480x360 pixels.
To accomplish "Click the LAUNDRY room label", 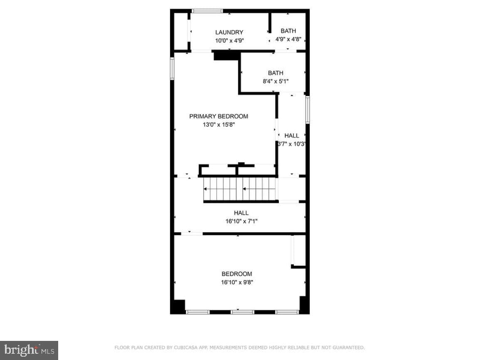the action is [x=229, y=32].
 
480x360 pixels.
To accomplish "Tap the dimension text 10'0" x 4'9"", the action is [x=229, y=40].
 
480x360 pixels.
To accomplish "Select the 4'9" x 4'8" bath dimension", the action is [x=288, y=39].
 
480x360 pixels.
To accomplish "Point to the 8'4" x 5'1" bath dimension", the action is [x=276, y=81].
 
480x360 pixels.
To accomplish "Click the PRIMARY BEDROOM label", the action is [x=219, y=116].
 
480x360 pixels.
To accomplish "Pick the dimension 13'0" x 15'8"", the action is [x=219, y=125].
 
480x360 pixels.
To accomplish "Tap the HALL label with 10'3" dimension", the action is [x=292, y=136].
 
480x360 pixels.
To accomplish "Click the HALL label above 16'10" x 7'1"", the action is [x=241, y=213].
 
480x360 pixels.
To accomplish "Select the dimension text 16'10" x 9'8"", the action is [x=237, y=282].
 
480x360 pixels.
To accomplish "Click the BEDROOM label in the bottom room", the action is [x=237, y=274].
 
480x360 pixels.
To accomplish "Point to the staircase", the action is [x=241, y=189].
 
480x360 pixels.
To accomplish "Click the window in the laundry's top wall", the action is [x=207, y=11].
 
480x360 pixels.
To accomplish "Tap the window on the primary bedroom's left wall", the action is [x=172, y=69].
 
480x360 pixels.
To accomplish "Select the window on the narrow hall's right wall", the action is [x=308, y=110].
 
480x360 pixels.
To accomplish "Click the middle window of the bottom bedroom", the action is [x=242, y=312].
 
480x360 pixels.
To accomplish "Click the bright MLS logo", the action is [x=29, y=350].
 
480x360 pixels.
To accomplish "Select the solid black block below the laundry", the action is [x=226, y=55].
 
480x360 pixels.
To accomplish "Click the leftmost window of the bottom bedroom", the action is [x=197, y=312].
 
